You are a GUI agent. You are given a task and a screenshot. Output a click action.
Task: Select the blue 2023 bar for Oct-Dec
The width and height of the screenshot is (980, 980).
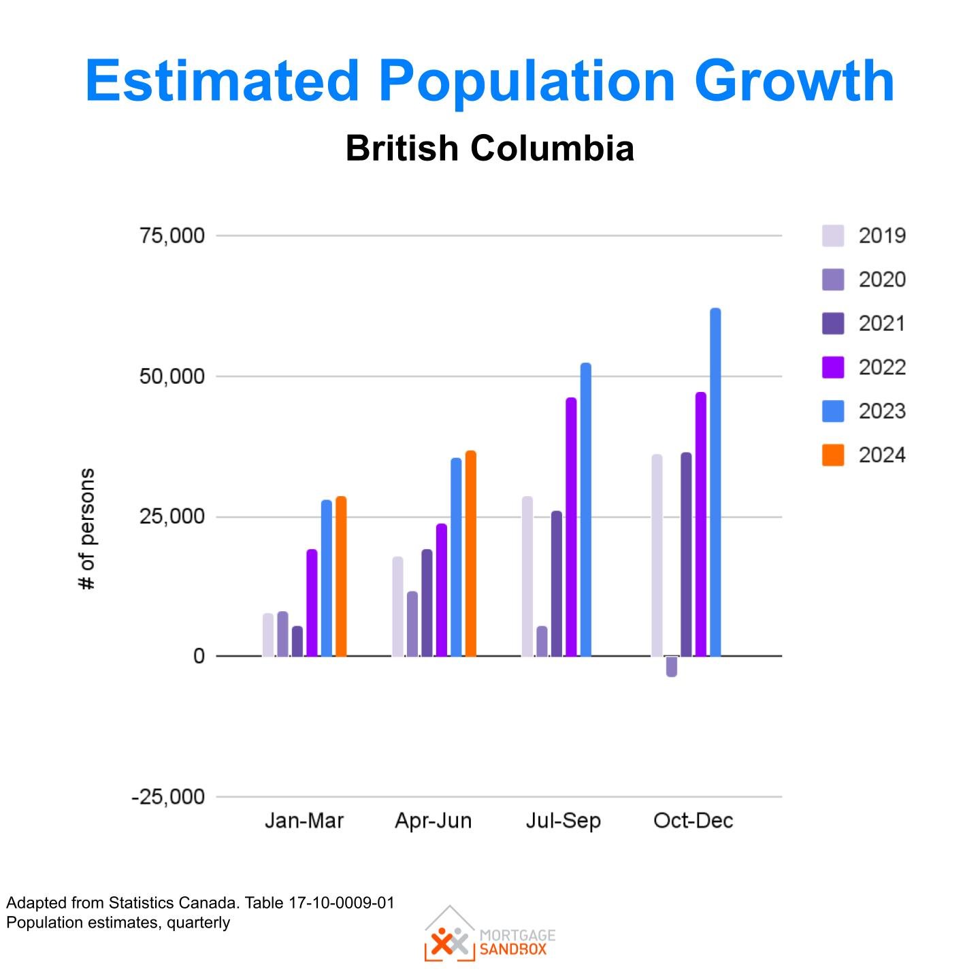pos(715,483)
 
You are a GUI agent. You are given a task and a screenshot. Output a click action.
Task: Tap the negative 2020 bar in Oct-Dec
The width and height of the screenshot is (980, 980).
pos(672,666)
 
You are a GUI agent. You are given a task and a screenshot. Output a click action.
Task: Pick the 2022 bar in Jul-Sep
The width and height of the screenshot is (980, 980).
pos(571,527)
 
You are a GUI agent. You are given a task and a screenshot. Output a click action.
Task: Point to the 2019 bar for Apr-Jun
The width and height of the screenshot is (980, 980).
pos(397,606)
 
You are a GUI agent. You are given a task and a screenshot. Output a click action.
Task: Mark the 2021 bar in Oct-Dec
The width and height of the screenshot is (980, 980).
pos(686,555)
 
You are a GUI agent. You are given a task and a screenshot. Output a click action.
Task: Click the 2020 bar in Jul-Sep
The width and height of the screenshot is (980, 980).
pos(542,641)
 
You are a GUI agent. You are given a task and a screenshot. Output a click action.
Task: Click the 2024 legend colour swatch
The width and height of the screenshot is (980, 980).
pos(833,455)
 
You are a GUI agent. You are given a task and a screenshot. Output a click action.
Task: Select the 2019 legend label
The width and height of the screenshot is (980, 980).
pos(882,235)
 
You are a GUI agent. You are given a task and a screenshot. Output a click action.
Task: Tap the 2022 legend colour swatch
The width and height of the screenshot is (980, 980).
pos(833,367)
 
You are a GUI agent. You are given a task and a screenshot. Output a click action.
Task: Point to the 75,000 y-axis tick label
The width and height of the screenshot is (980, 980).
pos(172,235)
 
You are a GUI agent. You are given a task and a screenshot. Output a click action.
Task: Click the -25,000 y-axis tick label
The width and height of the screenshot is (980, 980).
pos(168,796)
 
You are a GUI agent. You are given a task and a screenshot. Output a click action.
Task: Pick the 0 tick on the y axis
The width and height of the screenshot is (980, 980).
pos(199,656)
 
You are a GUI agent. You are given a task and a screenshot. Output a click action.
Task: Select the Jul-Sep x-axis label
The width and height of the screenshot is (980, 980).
pos(563,821)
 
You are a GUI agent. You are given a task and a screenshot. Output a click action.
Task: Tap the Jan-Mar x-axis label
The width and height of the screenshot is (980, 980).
pos(304,821)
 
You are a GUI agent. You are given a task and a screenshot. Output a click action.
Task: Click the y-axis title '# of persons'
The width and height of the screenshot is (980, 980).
pos(87,529)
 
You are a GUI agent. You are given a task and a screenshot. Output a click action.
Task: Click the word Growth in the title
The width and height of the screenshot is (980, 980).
pos(794,81)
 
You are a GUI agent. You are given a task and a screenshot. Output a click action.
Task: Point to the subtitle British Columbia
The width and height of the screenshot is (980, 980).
pos(489,148)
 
